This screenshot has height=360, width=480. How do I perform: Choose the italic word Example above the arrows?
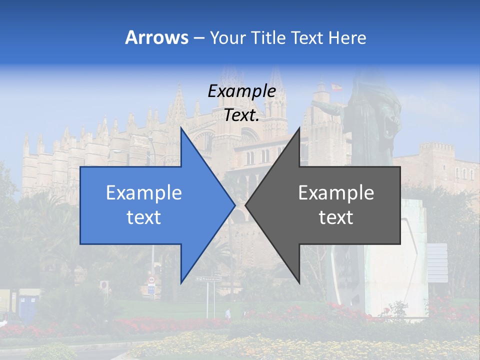tap(242, 91)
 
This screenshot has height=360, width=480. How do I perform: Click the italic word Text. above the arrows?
tap(241, 115)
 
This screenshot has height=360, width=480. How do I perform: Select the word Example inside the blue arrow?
tap(144, 192)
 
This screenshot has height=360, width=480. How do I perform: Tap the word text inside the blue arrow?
tap(144, 217)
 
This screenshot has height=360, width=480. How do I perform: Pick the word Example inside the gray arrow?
tap(336, 192)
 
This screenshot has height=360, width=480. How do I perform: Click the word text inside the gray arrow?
tap(336, 217)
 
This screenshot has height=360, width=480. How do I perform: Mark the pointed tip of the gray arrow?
tap(246, 204)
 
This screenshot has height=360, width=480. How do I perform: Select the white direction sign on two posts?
tap(208, 279)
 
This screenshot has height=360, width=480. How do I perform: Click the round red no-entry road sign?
tap(104, 285)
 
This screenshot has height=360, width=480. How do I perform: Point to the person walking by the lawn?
tap(228, 313)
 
